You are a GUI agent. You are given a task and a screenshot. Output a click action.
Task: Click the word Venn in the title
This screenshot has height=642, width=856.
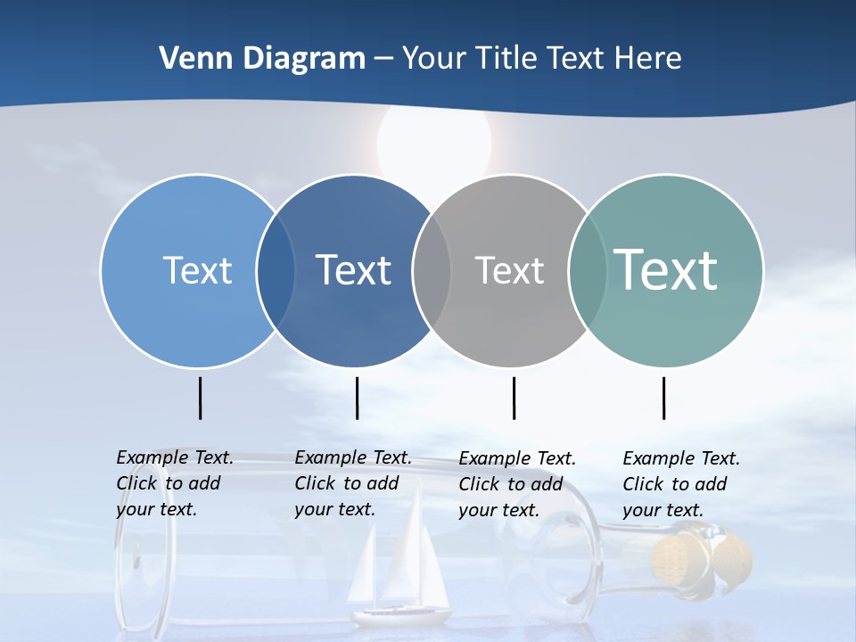coord(189,59)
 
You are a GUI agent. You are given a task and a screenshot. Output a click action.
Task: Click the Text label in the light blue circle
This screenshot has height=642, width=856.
coord(197,270)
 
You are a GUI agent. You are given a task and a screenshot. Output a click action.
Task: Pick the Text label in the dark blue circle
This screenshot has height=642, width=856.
coord(353,270)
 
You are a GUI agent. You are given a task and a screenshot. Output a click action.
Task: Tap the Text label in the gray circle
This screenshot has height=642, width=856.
coord(509,270)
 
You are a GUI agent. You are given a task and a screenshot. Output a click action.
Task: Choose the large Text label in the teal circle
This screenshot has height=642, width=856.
coord(666,269)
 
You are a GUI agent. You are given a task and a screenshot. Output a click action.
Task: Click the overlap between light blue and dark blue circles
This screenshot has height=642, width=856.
coord(276,270)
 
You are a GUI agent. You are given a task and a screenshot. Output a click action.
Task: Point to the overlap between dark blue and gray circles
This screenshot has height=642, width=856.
coord(432,270)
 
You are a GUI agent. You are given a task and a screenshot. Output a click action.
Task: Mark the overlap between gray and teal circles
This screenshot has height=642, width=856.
coord(587,270)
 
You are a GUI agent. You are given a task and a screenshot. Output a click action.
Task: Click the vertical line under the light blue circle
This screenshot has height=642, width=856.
coord(201,398)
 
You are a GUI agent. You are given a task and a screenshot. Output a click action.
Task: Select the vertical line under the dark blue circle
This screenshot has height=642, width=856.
coord(357,398)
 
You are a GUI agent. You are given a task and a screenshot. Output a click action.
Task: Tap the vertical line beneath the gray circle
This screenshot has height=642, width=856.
coord(514,398)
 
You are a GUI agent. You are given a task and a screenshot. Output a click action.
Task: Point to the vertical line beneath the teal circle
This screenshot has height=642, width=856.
coord(663,398)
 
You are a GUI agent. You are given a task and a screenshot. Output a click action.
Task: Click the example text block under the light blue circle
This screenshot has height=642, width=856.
coord(174,483)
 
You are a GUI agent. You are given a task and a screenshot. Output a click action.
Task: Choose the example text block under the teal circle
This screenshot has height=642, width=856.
coord(680,484)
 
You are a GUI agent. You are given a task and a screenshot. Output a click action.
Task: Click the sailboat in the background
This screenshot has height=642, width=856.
coord(401,571)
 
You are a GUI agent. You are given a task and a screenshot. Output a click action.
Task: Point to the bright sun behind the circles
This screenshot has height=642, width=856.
coord(434,143)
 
